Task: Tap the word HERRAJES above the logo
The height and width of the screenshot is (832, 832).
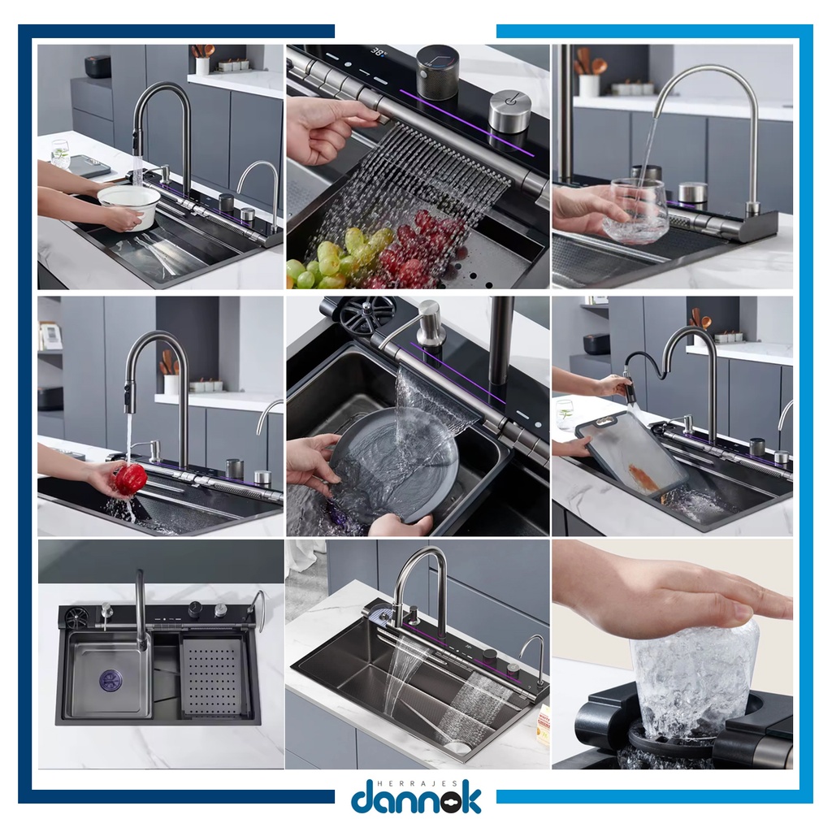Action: (x=414, y=783)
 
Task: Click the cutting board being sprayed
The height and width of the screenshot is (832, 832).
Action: (x=632, y=454)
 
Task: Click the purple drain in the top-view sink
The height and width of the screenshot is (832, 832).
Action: (x=110, y=682)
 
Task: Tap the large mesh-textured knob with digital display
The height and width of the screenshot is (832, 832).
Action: (x=438, y=71)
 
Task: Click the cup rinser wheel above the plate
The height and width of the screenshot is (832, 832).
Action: (x=367, y=314)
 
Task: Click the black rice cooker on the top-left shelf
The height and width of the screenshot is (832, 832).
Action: (x=97, y=66)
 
